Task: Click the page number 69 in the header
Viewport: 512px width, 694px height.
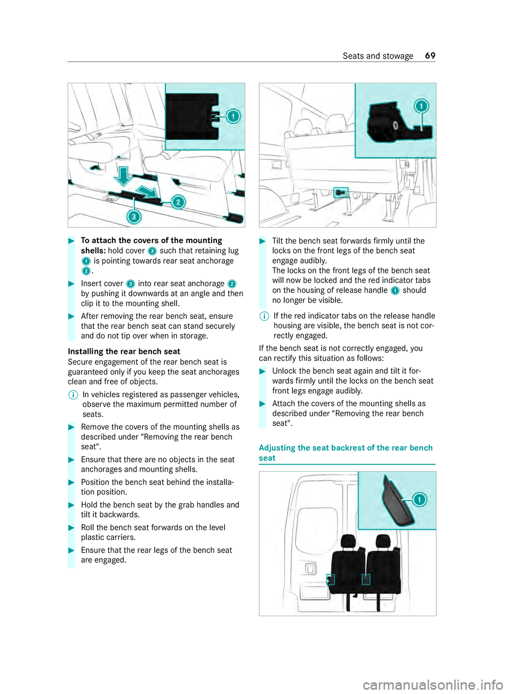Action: pos(430,56)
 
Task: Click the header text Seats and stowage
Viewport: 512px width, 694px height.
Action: pos(378,56)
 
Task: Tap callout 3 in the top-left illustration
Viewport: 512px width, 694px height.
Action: pos(134,216)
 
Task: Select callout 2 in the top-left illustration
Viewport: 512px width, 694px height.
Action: pos(178,202)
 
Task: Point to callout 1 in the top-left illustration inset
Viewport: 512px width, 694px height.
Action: pos(233,116)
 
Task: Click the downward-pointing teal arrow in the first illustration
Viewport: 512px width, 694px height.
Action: pos(123,175)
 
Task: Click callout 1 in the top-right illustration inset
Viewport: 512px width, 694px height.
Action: pos(421,106)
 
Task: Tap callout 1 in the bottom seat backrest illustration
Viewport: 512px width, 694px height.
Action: pos(420,499)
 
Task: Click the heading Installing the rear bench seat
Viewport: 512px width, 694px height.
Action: pos(124,351)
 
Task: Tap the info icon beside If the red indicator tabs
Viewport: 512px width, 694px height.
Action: pos(263,316)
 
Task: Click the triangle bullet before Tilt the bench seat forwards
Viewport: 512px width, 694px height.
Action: pos(262,241)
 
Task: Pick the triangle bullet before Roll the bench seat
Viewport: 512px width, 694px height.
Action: pos(71,528)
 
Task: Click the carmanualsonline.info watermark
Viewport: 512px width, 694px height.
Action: pos(433,684)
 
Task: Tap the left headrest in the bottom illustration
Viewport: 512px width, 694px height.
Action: pos(349,542)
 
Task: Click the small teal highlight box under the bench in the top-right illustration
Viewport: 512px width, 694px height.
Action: pos(341,192)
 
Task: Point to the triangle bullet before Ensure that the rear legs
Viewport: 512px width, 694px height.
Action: pos(71,550)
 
